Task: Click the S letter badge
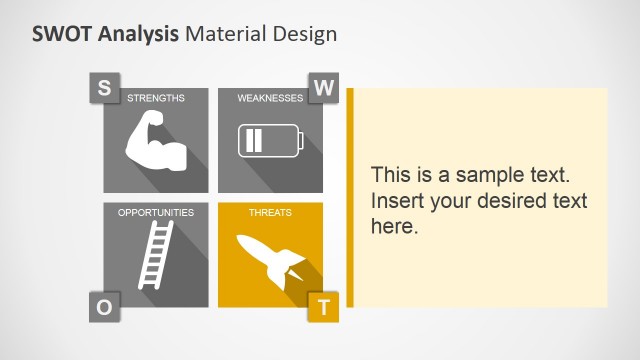(104, 87)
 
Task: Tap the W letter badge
(323, 87)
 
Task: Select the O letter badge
(104, 306)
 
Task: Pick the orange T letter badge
(323, 307)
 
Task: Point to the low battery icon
(269, 140)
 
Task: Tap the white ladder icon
(155, 255)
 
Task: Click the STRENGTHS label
(156, 98)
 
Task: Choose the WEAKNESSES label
(270, 98)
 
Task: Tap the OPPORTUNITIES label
(156, 213)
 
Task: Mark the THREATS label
(270, 213)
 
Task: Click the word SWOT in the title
(63, 33)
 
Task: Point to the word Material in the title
(227, 33)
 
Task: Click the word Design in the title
(305, 34)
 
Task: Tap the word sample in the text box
(474, 174)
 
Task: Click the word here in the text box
(391, 226)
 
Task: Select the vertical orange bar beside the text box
(350, 197)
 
